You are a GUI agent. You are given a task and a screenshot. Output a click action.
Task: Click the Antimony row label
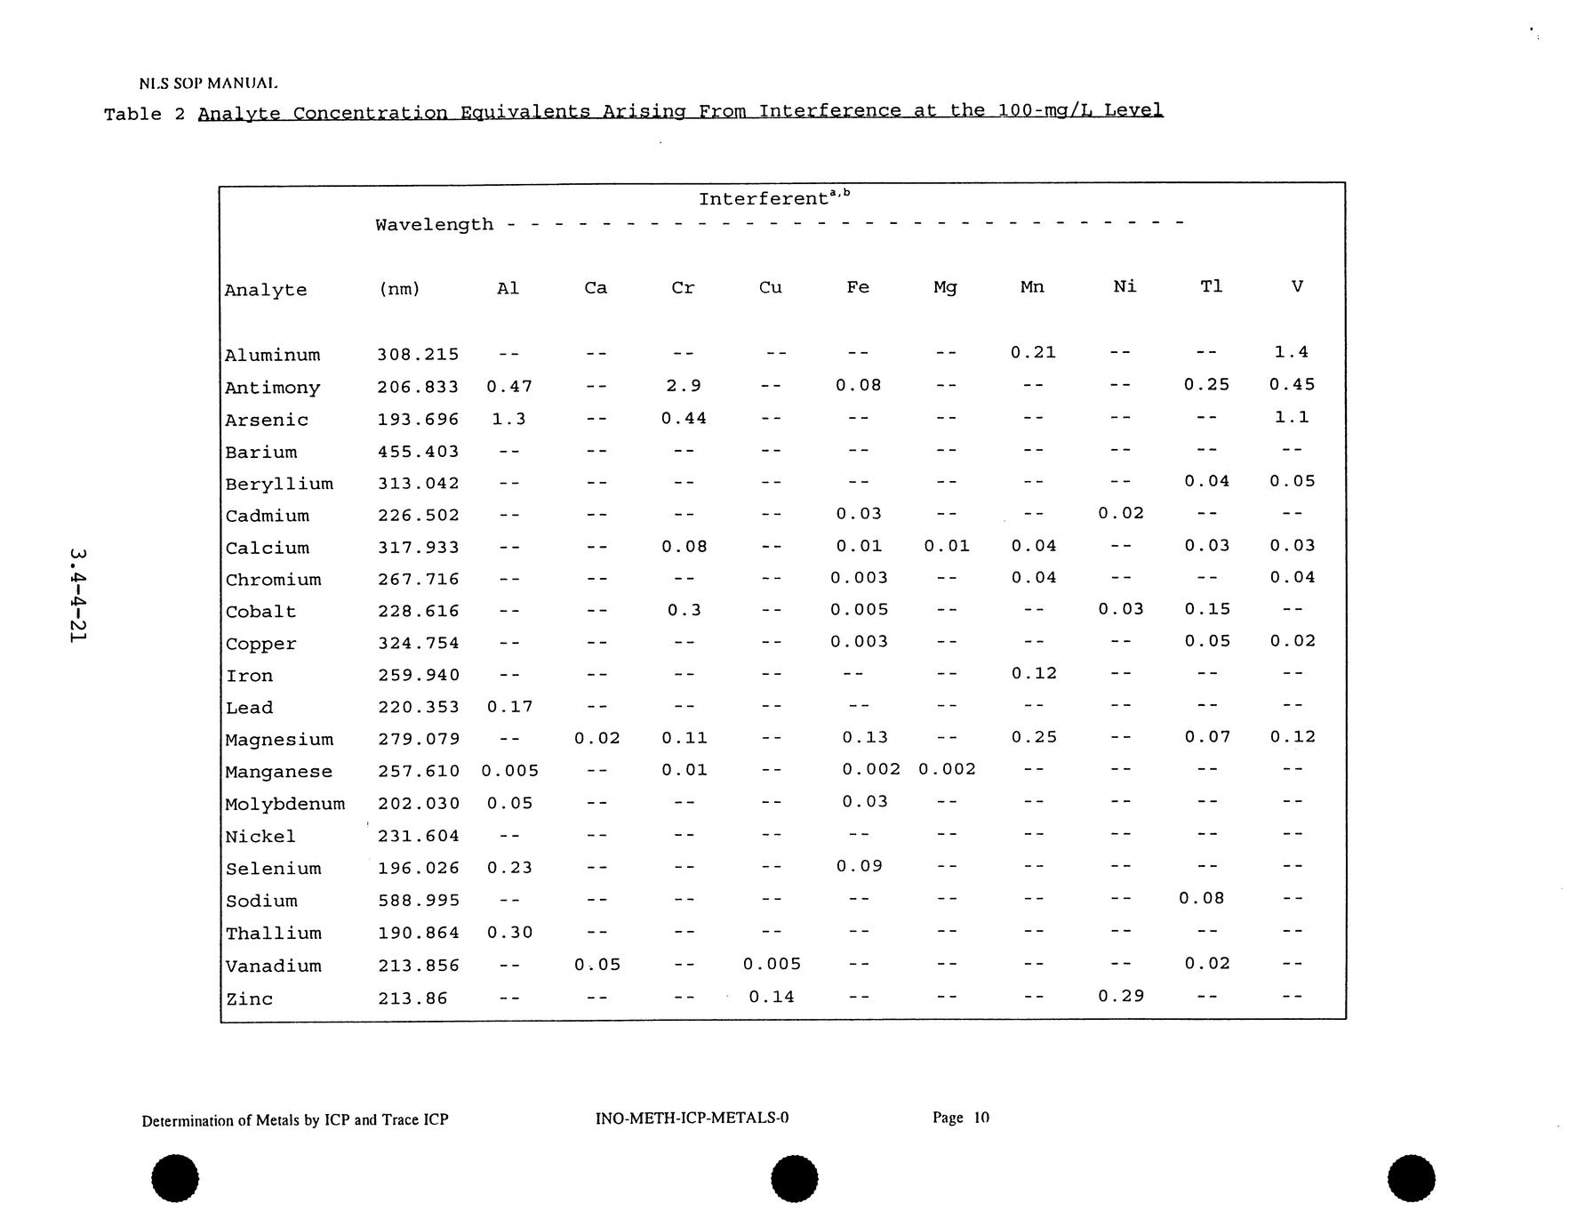pos(272,388)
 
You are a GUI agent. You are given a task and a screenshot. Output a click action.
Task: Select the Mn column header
pos(1032,287)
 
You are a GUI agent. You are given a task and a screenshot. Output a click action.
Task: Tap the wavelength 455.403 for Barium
pos(418,452)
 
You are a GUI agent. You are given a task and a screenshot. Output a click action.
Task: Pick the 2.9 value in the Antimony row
pos(683,386)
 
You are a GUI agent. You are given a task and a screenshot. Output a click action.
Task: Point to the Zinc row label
pos(249,999)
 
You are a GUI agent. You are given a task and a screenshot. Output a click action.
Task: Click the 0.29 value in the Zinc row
pos(1120,997)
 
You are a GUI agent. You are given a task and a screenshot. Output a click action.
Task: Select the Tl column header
pos(1211,286)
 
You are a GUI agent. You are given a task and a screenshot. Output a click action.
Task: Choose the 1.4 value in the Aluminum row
pos(1291,352)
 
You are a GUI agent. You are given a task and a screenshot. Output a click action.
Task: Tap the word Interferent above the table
pos(764,199)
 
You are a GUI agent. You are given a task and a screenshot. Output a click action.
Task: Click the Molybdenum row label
pos(284,805)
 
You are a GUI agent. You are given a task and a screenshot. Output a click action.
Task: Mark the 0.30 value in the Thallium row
pos(509,933)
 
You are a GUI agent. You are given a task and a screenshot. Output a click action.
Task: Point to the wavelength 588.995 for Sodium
pos(418,901)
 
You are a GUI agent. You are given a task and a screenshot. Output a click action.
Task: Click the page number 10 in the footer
pos(981,1118)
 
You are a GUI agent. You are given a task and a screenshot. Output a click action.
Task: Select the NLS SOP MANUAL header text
pos(209,84)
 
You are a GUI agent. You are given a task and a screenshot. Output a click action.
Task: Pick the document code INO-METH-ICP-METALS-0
pos(692,1118)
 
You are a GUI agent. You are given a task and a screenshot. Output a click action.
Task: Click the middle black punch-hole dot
pos(794,1179)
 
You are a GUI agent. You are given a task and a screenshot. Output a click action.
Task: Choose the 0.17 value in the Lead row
pos(509,708)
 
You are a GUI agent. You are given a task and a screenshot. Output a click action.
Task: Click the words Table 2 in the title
pos(144,115)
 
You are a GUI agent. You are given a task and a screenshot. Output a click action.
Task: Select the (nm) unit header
pos(399,289)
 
